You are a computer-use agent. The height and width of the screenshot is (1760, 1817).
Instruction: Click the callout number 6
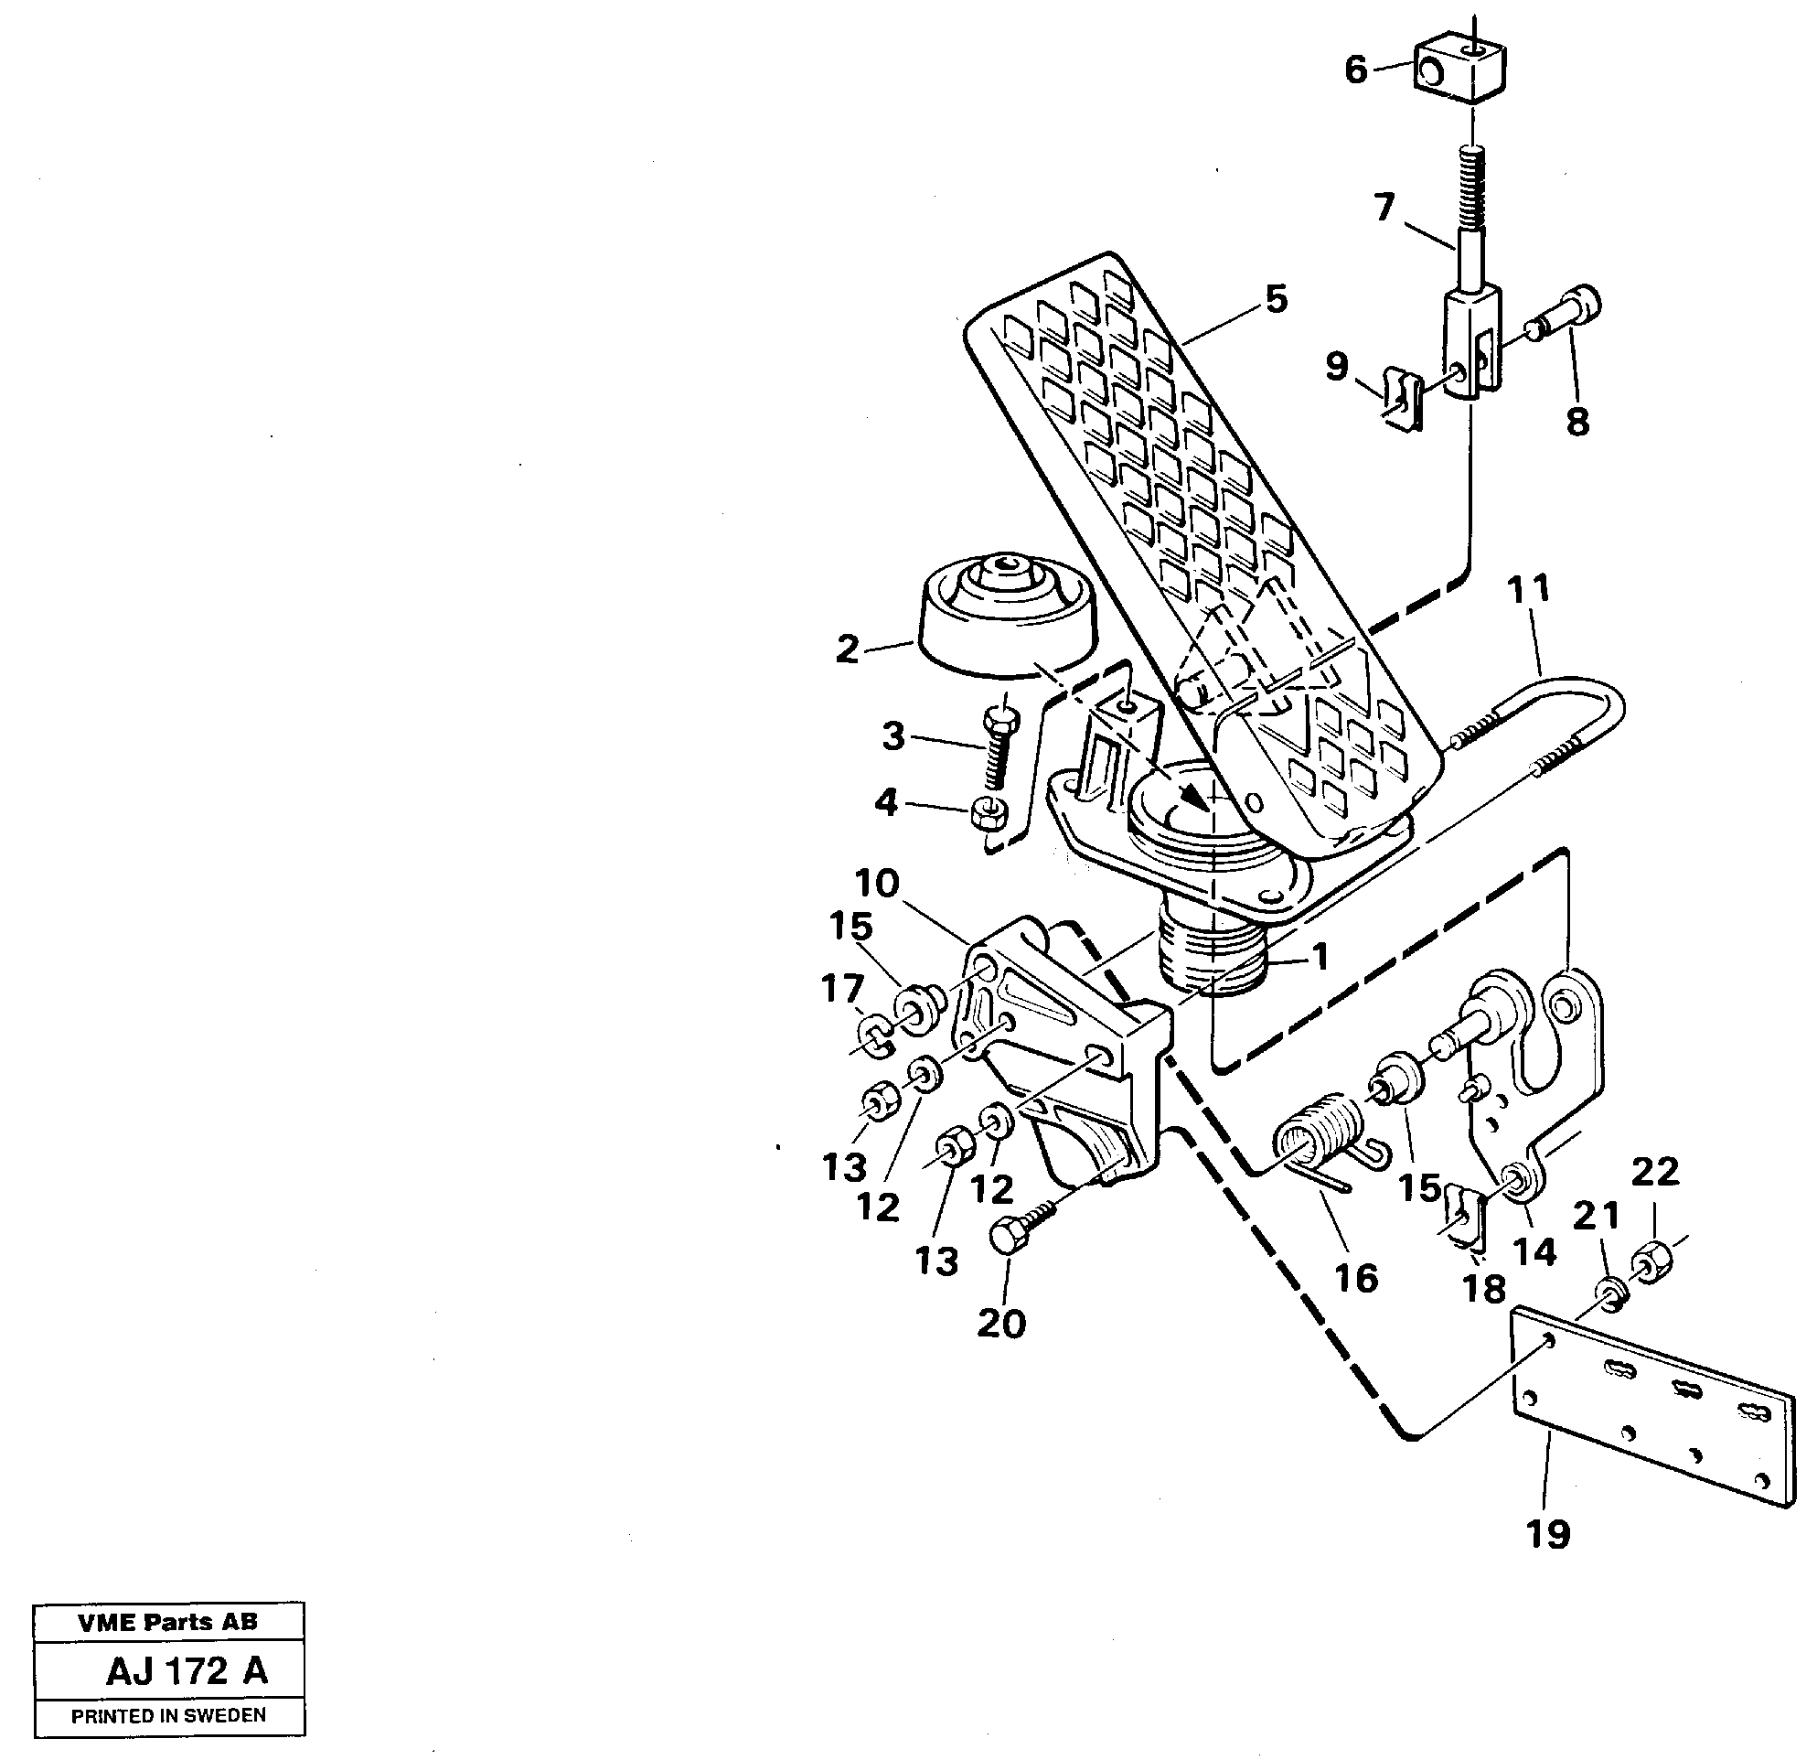click(1356, 70)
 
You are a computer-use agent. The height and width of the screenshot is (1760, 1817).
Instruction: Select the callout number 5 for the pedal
click(1277, 299)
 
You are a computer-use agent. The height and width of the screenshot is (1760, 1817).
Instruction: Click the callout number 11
click(1528, 589)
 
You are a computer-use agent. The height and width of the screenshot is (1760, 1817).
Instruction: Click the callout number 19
click(1548, 1534)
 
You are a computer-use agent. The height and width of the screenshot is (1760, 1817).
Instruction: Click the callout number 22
click(1655, 1172)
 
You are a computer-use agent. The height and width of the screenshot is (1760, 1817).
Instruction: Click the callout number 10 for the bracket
click(877, 883)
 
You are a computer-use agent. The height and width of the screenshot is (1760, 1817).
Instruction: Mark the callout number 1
click(1320, 956)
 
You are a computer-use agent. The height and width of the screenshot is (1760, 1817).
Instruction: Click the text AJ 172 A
click(187, 1670)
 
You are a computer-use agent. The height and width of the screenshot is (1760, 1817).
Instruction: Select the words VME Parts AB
click(167, 1622)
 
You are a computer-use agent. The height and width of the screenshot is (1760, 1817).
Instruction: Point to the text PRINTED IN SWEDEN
click(169, 1715)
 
